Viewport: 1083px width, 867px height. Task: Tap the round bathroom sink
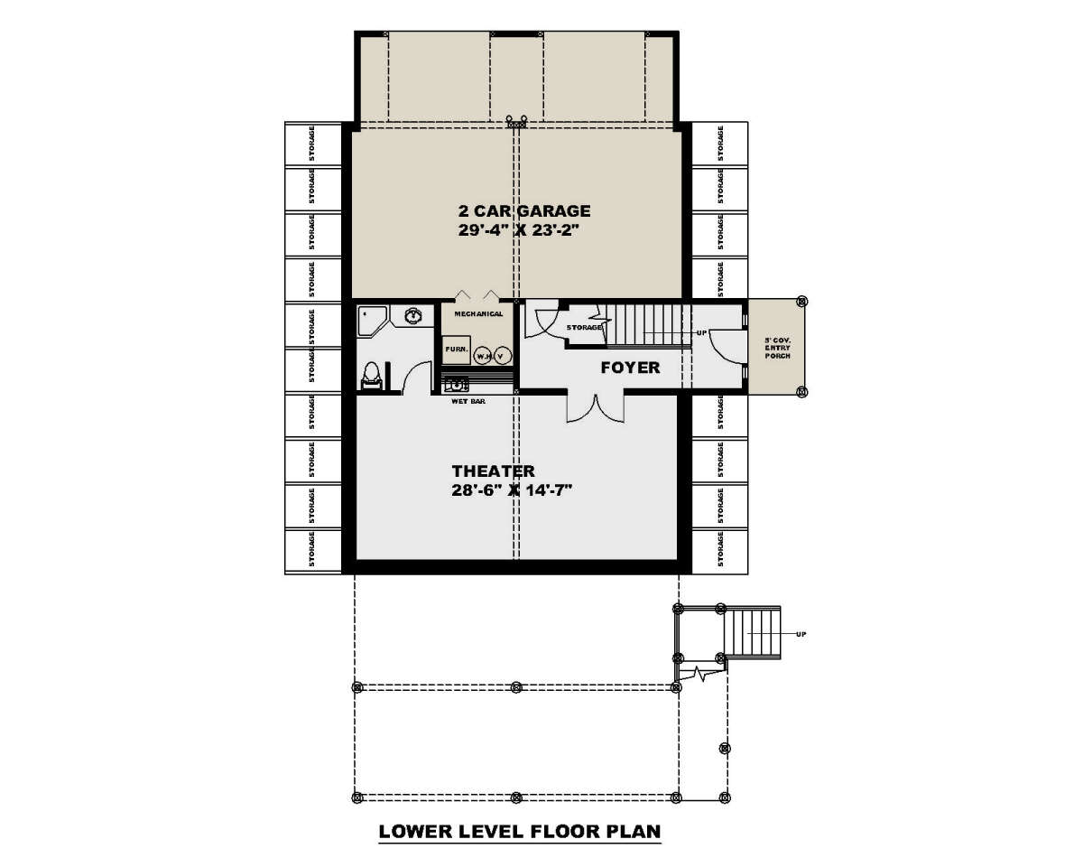414,317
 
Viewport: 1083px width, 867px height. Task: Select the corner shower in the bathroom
371,321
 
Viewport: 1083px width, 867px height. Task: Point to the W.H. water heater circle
483,354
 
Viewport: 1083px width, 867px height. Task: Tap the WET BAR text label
468,401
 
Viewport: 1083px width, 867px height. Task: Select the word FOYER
631,368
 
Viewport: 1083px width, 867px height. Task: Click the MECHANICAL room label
478,314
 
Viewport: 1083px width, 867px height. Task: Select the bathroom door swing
416,378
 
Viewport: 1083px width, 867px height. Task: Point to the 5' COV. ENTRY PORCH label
776,349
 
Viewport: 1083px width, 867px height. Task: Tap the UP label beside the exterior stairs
800,634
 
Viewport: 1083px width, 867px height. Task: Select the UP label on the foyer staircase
699,332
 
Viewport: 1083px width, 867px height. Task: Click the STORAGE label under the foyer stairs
584,327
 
